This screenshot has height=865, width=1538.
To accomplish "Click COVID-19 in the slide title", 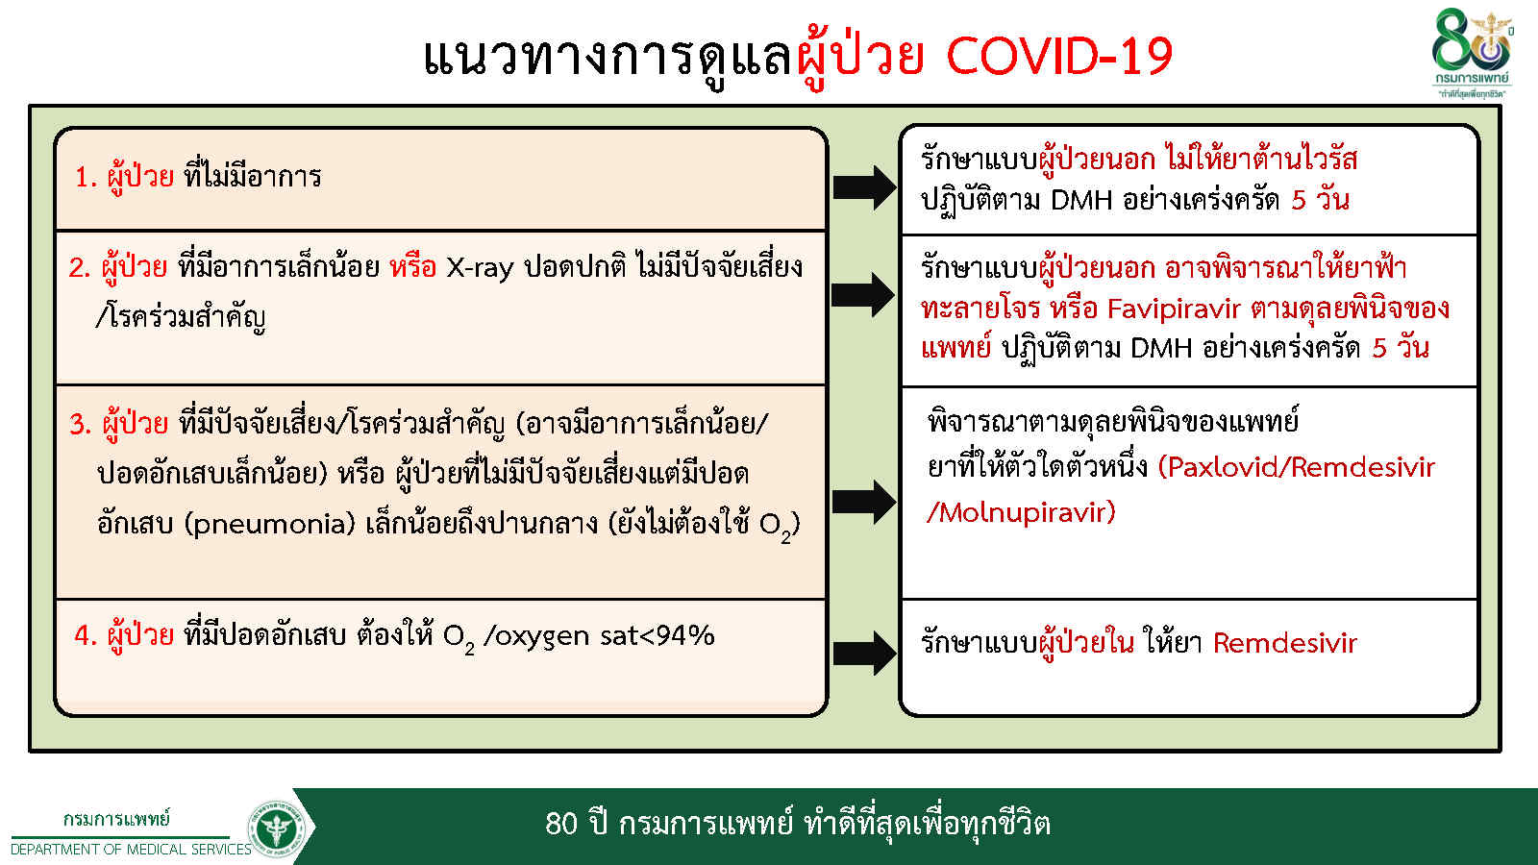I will pyautogui.click(x=1059, y=57).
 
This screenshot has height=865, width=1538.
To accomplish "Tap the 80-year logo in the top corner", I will pyautogui.click(x=1471, y=53).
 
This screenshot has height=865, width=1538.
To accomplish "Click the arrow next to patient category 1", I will pyautogui.click(x=864, y=186).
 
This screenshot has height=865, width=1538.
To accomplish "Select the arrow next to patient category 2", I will pyautogui.click(x=864, y=294).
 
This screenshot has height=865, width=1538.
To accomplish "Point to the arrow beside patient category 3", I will pyautogui.click(x=864, y=502).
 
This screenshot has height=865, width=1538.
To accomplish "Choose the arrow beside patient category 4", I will pyautogui.click(x=864, y=653).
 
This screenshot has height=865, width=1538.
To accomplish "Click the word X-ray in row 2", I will pyautogui.click(x=480, y=267).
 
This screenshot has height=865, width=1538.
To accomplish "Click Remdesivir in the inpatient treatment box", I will pyautogui.click(x=1285, y=643).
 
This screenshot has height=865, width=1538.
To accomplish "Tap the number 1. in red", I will pyautogui.click(x=87, y=177).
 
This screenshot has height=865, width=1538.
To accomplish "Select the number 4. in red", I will pyautogui.click(x=86, y=636).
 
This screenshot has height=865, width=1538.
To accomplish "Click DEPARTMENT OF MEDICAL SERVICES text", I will pyautogui.click(x=131, y=850).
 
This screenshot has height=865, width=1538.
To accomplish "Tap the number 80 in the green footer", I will pyautogui.click(x=561, y=824).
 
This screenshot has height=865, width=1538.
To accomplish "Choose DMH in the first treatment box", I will pyautogui.click(x=1080, y=200).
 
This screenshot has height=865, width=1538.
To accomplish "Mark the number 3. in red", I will pyautogui.click(x=81, y=424).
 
